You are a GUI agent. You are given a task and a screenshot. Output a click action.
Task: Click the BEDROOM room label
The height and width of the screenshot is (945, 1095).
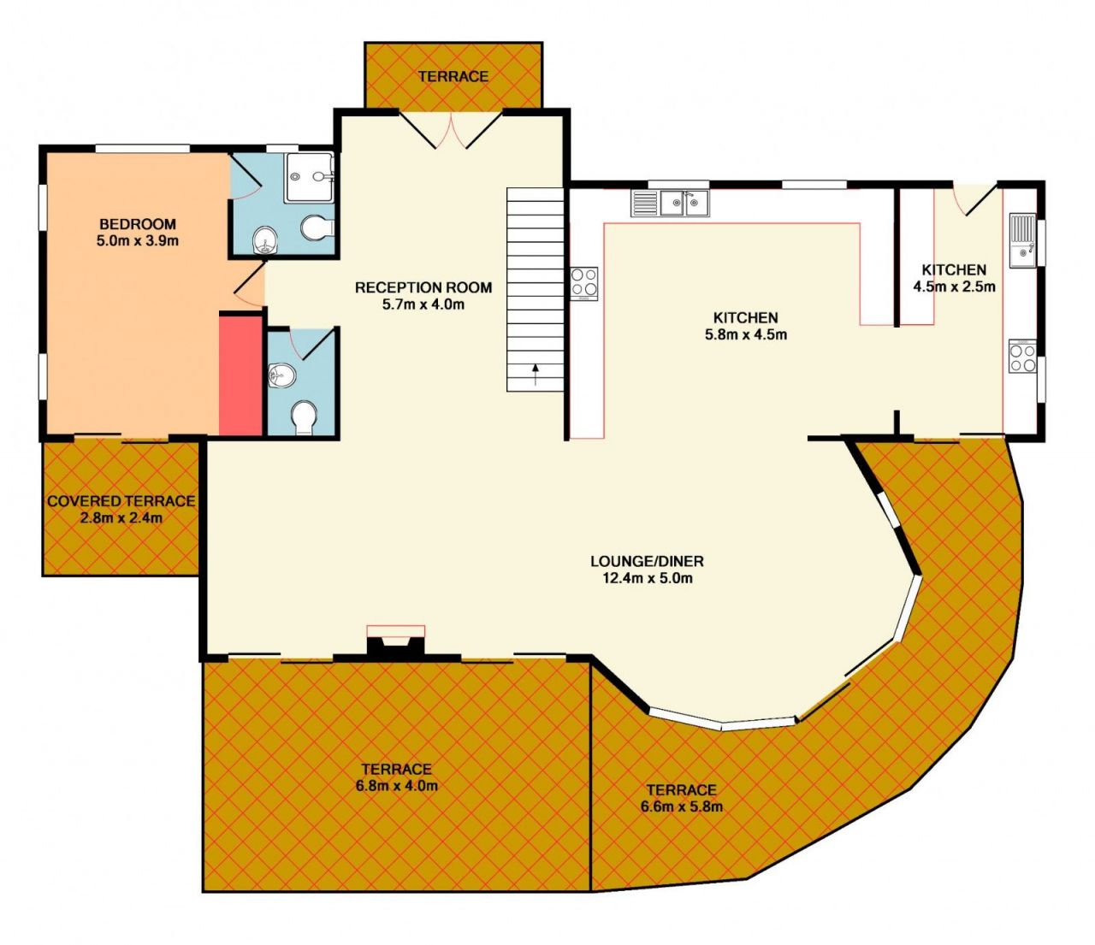(x=138, y=223)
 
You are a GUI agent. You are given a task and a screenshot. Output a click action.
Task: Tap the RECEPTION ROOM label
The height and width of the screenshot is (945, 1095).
(x=423, y=287)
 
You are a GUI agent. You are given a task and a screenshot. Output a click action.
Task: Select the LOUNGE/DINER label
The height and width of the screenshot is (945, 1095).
(x=647, y=560)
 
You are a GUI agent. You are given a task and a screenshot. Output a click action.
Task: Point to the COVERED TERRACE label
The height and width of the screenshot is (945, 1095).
(x=121, y=500)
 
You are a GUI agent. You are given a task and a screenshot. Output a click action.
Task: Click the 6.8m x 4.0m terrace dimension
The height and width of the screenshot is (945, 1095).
(x=397, y=786)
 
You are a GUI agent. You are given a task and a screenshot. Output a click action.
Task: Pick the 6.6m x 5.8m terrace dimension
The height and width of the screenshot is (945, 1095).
(x=682, y=806)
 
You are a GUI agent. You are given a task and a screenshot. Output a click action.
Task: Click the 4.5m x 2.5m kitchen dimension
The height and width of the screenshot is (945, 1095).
(x=954, y=286)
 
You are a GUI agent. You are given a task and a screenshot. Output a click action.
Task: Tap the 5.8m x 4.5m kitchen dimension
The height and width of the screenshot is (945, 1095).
(x=745, y=334)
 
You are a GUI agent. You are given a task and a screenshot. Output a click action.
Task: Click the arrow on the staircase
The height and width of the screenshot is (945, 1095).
(x=536, y=374)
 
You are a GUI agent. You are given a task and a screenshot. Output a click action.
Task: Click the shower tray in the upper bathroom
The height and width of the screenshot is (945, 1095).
(x=310, y=177)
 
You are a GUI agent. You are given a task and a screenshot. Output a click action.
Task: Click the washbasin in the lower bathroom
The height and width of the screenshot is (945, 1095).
(x=281, y=376)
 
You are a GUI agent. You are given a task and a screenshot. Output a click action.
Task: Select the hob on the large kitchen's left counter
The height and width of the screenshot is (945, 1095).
(x=583, y=283)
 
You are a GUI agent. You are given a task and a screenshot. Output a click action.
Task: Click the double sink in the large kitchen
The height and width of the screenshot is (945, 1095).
(x=670, y=203)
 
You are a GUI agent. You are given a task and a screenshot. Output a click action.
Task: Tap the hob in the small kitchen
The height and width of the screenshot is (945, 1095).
(x=1022, y=357)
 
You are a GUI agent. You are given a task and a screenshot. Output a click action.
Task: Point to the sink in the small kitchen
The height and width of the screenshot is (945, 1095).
(x=1022, y=241)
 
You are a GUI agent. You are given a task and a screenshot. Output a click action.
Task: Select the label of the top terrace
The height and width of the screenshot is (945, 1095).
(x=453, y=76)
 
